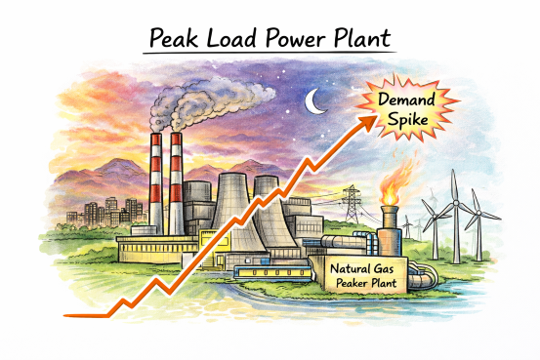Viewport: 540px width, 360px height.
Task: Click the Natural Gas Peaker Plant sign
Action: (363, 270)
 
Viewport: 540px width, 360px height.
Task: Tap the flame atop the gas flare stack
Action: (390, 186)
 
